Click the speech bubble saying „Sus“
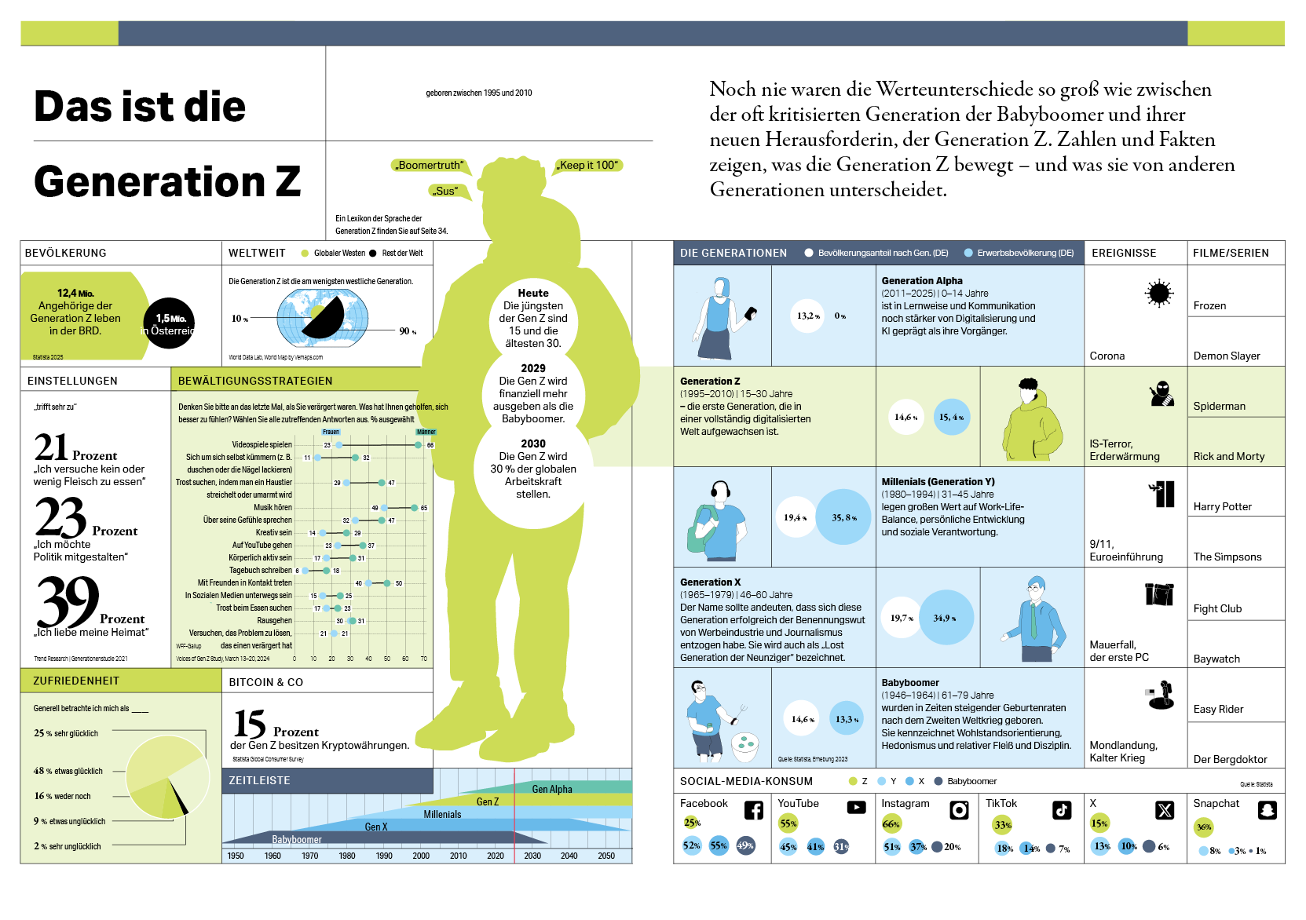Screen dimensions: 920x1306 447,191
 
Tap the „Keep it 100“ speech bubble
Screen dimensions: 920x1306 588,165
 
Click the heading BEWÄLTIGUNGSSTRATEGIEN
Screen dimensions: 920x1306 255,381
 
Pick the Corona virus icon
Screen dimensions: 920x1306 1158,294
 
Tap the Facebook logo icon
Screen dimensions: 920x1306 753,810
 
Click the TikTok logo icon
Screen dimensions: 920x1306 1062,810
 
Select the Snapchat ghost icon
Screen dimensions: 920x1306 1267,810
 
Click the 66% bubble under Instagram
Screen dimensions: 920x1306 891,824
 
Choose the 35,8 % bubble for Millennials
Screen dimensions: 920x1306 844,517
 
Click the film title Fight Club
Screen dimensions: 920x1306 1217,608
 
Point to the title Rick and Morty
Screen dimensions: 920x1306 1228,456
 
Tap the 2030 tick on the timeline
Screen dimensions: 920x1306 532,856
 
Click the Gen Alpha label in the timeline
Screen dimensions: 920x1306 552,789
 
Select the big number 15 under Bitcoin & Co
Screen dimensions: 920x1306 250,724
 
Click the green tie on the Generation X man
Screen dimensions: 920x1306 1033,621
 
